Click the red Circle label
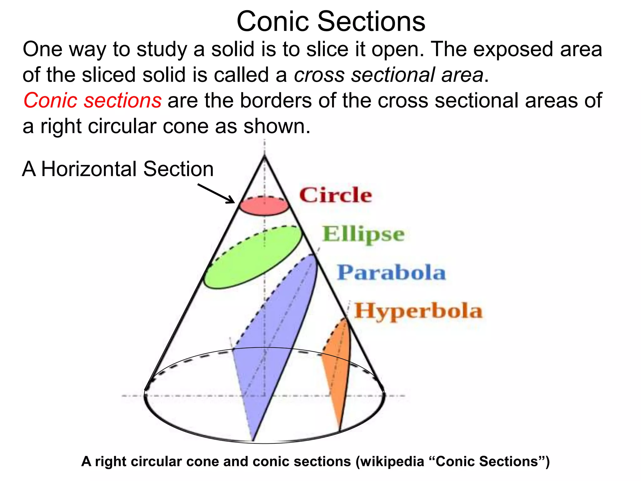tap(336, 195)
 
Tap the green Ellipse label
tap(363, 234)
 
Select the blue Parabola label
tap(391, 272)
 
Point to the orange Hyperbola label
tap(418, 311)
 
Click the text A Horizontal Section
tap(118, 169)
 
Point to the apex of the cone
tap(264, 156)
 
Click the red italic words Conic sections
tap(92, 101)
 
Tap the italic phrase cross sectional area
tap(388, 75)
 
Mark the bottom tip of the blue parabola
tap(253, 441)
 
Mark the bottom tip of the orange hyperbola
tap(340, 431)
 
